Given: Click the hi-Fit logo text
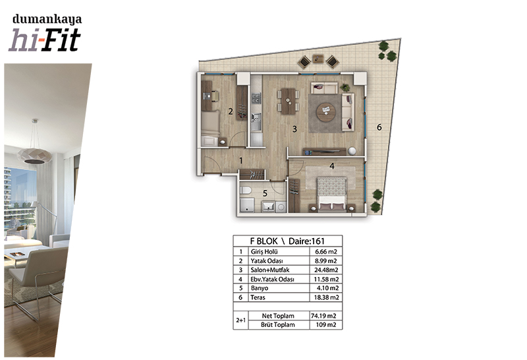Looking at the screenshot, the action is (x=44, y=40).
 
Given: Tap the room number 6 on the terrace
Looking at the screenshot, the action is (x=379, y=127).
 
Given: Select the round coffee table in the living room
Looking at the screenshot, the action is (x=325, y=112).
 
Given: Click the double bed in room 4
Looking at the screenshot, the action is (x=332, y=195).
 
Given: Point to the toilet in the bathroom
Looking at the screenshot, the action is (x=246, y=191).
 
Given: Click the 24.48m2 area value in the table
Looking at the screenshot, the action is (x=326, y=270).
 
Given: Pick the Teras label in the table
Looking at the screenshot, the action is (x=258, y=297).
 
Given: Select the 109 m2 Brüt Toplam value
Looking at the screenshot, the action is (x=326, y=324).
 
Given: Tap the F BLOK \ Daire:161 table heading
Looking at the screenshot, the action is (x=287, y=241).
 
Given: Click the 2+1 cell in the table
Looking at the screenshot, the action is (x=240, y=320).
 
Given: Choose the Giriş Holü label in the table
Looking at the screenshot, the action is (x=264, y=252).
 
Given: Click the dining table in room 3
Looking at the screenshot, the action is (x=288, y=101).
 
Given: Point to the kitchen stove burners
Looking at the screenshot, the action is (x=256, y=98).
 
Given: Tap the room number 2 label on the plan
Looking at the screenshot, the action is (x=230, y=111).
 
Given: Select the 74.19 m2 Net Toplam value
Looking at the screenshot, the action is (x=323, y=316).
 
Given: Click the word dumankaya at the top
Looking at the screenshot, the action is (x=47, y=20).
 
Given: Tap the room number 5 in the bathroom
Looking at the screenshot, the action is (x=265, y=193).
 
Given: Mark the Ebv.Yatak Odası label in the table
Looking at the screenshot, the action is (x=272, y=280).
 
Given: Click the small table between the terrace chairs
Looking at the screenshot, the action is (x=318, y=59).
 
